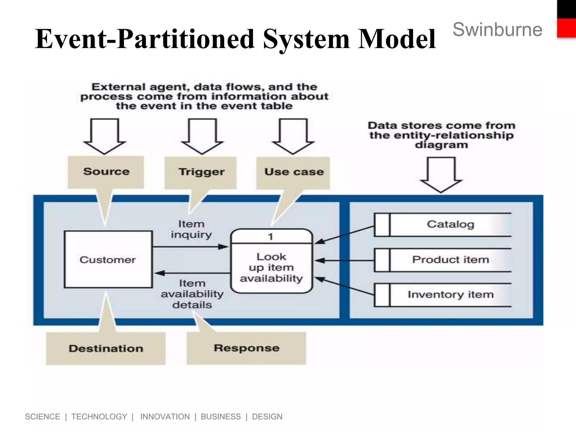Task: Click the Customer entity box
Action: [x=108, y=259]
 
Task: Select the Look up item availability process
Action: [x=271, y=267]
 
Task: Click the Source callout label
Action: [x=106, y=172]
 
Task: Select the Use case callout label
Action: [x=294, y=172]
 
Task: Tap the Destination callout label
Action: [x=106, y=349]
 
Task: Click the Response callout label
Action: [x=246, y=348]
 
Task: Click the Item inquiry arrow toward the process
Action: [x=191, y=247]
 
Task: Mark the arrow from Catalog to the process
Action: [x=345, y=235]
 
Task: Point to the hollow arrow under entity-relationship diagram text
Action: [x=441, y=174]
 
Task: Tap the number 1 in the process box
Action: [x=271, y=237]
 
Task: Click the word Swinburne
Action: [x=497, y=30]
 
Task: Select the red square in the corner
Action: [x=566, y=28]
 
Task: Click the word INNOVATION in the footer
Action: [x=165, y=417]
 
